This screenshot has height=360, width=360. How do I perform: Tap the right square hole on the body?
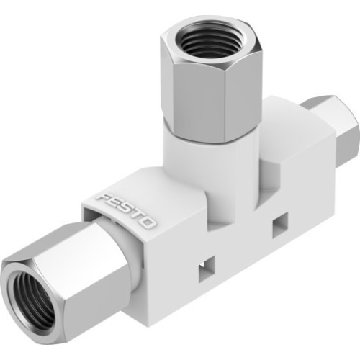coord(277,227)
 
